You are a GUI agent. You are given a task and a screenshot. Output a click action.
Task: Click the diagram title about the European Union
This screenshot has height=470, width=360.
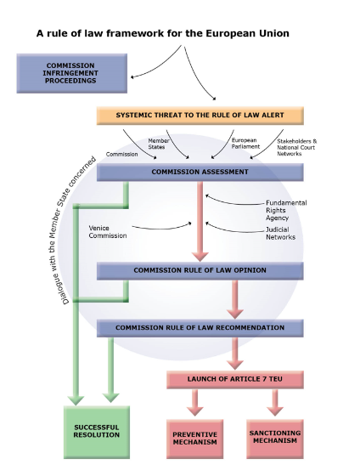click(x=162, y=33)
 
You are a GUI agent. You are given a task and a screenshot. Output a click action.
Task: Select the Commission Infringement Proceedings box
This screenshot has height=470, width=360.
click(x=71, y=73)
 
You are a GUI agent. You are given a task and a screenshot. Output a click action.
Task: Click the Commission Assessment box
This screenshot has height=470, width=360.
click(x=200, y=172)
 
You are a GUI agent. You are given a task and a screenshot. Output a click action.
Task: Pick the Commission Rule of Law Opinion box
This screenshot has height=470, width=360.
click(x=200, y=270)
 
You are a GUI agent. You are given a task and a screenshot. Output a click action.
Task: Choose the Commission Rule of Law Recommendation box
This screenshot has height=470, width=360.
click(x=200, y=327)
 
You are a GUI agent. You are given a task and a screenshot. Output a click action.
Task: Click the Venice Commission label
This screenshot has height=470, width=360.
click(x=108, y=231)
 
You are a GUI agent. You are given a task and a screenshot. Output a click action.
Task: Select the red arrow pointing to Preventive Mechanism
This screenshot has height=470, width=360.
click(x=195, y=403)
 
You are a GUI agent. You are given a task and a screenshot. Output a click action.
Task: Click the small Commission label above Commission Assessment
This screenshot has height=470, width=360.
click(x=121, y=154)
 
